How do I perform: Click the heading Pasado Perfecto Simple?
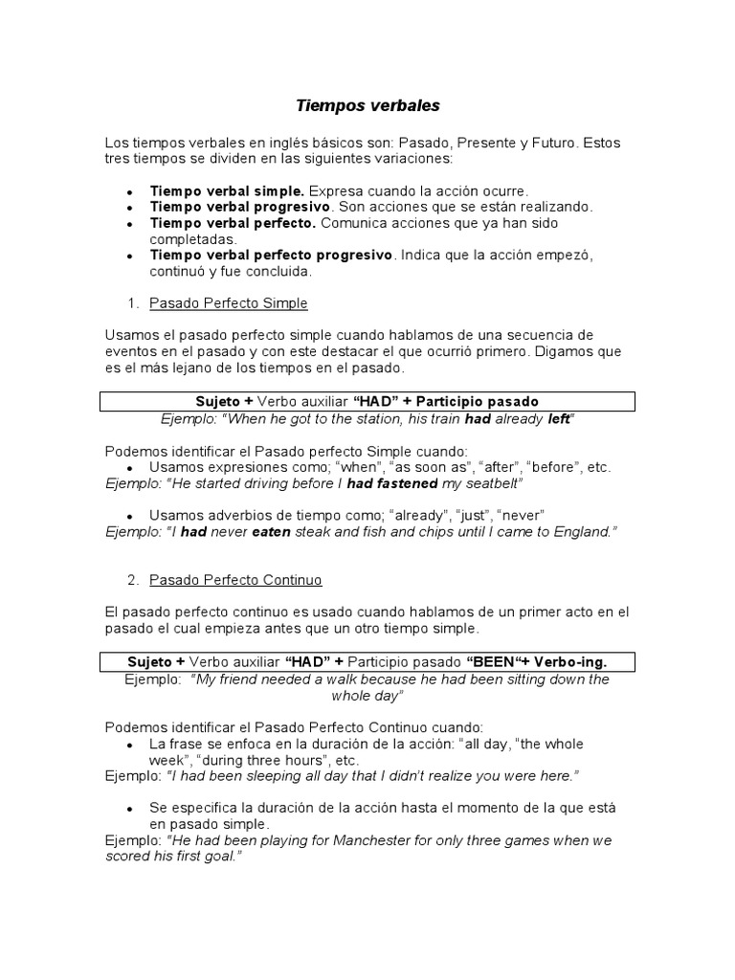tap(229, 303)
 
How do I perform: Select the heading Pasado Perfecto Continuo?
tap(235, 580)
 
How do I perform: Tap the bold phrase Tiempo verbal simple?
tap(227, 190)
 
